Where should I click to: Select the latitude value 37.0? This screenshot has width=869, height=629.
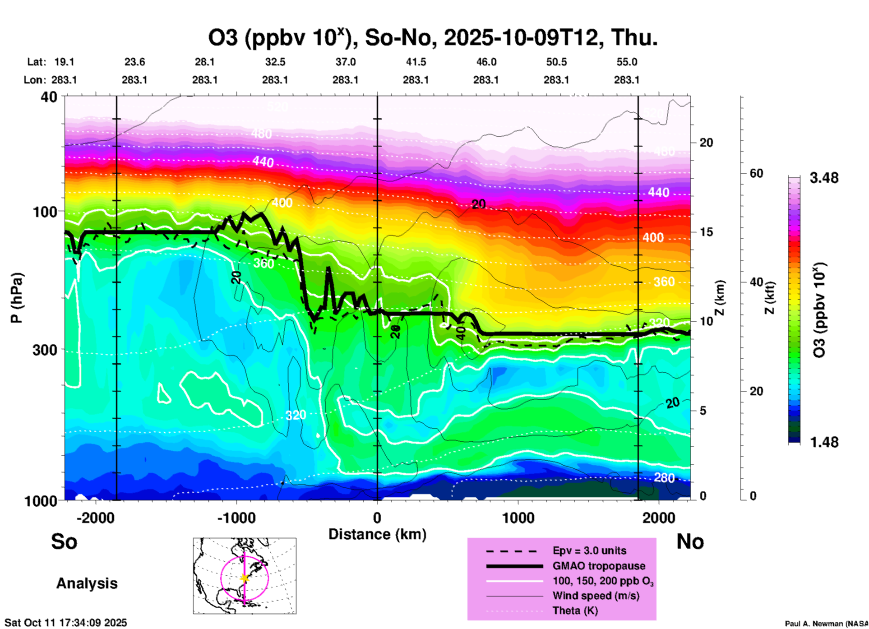345,62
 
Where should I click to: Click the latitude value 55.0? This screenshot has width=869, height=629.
627,62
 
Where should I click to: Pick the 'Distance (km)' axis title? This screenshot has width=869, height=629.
377,534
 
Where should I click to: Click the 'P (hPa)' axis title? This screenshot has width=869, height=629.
16,297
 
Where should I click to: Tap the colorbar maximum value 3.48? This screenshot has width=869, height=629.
824,178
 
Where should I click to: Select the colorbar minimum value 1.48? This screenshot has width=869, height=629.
824,442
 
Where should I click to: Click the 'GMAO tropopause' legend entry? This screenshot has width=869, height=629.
599,566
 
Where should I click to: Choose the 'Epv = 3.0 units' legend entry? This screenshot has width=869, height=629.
589,550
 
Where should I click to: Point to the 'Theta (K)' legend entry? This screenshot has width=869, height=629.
575,610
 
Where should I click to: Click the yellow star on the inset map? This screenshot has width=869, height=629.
245,578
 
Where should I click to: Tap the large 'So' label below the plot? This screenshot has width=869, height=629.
64,541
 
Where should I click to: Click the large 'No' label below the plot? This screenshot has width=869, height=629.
690,541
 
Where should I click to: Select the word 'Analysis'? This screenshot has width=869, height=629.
87,583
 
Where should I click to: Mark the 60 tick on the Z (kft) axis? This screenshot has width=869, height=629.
756,173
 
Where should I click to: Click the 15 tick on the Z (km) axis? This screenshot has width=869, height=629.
706,232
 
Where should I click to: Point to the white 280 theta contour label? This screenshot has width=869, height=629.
664,477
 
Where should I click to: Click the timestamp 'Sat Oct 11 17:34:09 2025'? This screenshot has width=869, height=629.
66,623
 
